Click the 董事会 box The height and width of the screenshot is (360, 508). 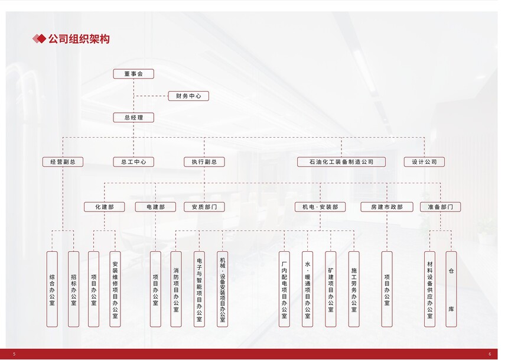(x=133, y=74)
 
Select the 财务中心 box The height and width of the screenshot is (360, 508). (x=188, y=96)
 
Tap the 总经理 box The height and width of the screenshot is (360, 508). (x=133, y=118)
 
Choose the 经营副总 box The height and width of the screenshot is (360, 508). (x=63, y=162)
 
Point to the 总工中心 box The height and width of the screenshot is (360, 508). (x=133, y=162)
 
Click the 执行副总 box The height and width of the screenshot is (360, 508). (x=204, y=162)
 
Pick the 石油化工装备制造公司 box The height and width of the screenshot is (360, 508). (x=341, y=162)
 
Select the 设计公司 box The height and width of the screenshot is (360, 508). (x=424, y=162)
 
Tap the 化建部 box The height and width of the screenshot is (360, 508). (x=105, y=207)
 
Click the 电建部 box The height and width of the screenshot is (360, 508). (x=155, y=207)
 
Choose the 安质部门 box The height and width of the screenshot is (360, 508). (x=204, y=207)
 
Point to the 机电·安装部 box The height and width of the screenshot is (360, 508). (x=320, y=207)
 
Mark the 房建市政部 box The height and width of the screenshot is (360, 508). (x=387, y=207)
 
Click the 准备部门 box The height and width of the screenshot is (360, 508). (x=441, y=207)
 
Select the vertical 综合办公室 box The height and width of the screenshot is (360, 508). (x=52, y=289)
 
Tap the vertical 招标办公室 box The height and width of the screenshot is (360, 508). (x=74, y=289)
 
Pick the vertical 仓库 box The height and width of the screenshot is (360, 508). (x=451, y=289)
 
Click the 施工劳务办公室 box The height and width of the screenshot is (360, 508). (x=354, y=289)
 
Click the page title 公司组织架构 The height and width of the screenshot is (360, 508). (x=79, y=39)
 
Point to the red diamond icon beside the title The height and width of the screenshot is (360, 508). (x=39, y=39)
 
